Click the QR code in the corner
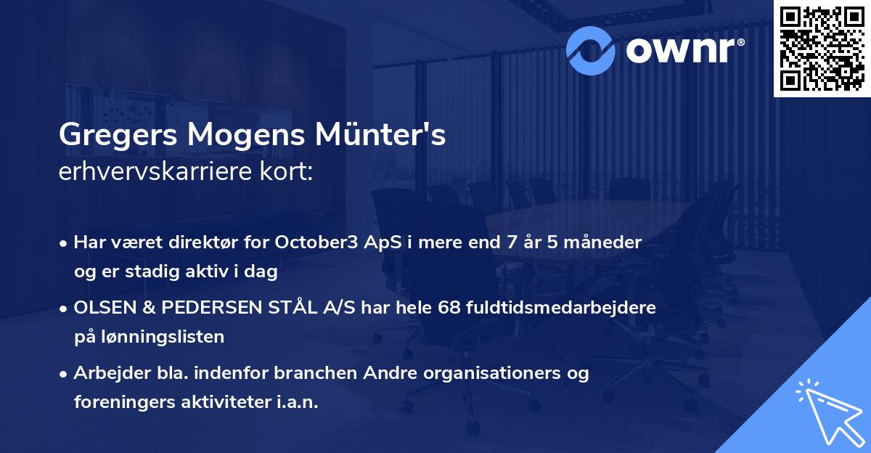point(822,49)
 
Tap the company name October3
point(316,242)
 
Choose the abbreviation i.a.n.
point(298,402)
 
